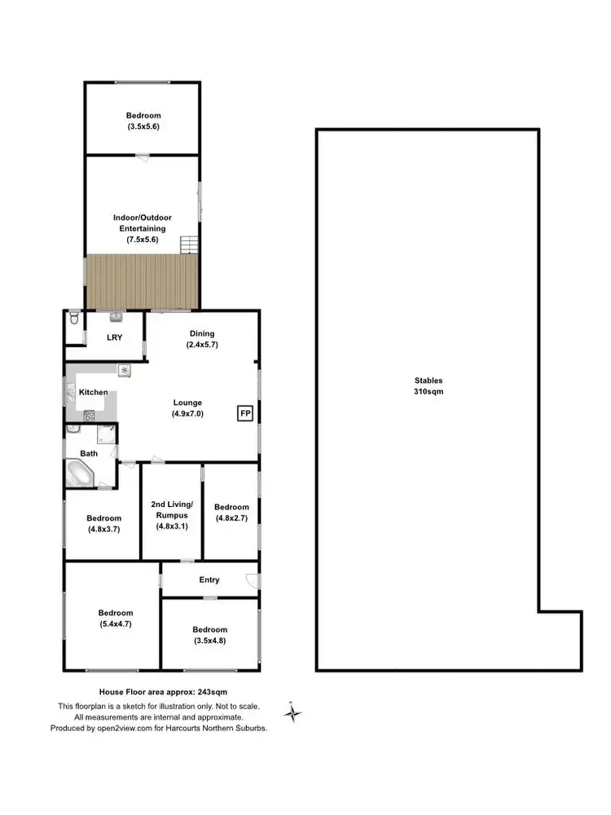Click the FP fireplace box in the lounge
pyautogui.click(x=244, y=414)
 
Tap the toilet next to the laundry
pyautogui.click(x=74, y=319)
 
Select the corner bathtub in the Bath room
pyautogui.click(x=80, y=473)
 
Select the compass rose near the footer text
pyautogui.click(x=292, y=713)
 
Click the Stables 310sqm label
pyautogui.click(x=429, y=385)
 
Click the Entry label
pyautogui.click(x=209, y=580)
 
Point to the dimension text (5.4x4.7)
pyautogui.click(x=115, y=625)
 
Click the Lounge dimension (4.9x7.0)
pyautogui.click(x=187, y=414)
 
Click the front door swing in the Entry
pyautogui.click(x=253, y=580)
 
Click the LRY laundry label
pyautogui.click(x=114, y=337)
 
